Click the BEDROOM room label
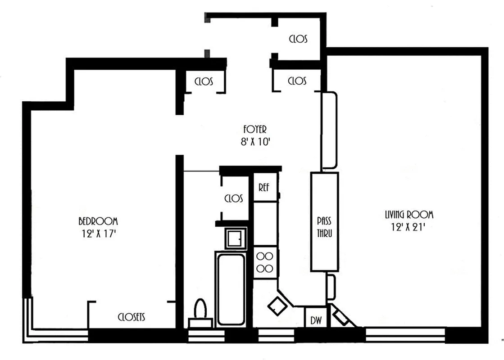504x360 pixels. (x=98, y=221)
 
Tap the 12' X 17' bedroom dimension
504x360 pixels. (x=98, y=234)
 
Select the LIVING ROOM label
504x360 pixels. (x=409, y=215)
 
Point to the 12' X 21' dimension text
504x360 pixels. (x=409, y=227)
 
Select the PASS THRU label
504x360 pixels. (x=324, y=227)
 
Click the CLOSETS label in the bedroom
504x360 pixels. (x=132, y=317)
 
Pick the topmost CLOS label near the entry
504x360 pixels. (x=298, y=39)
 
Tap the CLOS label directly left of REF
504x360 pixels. (x=233, y=198)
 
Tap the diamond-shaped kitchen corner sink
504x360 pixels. (x=277, y=306)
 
